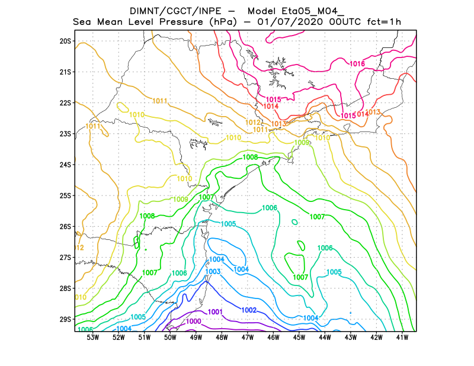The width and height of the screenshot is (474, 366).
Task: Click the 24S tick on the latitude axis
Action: pyautogui.click(x=65, y=165)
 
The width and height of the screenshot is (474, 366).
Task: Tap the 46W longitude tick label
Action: pyautogui.click(x=273, y=338)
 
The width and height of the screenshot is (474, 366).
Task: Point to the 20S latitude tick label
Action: pyautogui.click(x=65, y=41)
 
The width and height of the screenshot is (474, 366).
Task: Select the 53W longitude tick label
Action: pyautogui.click(x=92, y=338)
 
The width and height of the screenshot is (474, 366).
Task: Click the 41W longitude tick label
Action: pyautogui.click(x=402, y=338)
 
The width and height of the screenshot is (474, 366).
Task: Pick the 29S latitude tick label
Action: pyautogui.click(x=65, y=319)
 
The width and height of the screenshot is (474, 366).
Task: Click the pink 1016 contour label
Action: pyautogui.click(x=357, y=64)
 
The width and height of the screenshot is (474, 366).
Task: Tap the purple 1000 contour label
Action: pyautogui.click(x=194, y=322)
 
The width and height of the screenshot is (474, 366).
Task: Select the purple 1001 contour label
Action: pyautogui.click(x=215, y=312)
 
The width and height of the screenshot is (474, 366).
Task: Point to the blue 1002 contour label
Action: pyautogui.click(x=249, y=310)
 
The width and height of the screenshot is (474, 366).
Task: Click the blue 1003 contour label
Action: pyautogui.click(x=213, y=272)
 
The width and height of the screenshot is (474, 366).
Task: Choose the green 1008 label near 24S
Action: pyautogui.click(x=250, y=157)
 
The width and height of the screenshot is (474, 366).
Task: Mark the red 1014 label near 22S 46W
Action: pyautogui.click(x=271, y=106)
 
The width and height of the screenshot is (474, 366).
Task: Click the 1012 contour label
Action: pyautogui.click(x=252, y=122)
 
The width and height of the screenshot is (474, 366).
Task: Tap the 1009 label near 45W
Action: pyautogui.click(x=302, y=143)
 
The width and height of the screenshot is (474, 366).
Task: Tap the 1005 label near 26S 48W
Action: pyautogui.click(x=229, y=224)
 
